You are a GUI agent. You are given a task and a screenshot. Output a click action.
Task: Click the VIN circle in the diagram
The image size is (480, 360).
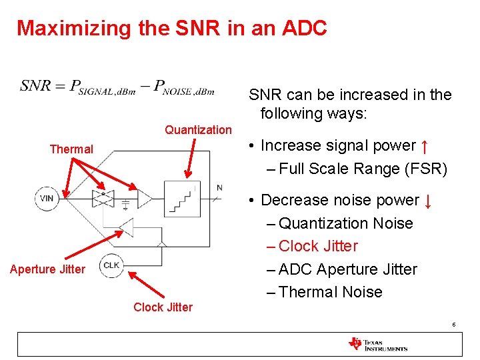[47, 198]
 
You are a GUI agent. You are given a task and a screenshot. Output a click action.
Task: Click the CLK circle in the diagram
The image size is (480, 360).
[111, 265]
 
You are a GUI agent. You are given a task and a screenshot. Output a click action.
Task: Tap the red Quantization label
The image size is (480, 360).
[198, 130]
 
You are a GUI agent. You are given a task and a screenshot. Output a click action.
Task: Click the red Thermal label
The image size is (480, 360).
[71, 149]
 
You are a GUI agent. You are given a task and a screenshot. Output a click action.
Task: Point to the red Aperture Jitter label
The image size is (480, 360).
[47, 269]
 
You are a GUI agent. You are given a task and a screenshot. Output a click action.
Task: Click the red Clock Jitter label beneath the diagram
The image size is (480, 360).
[163, 307]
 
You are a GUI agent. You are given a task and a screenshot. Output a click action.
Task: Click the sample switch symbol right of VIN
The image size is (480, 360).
[103, 197]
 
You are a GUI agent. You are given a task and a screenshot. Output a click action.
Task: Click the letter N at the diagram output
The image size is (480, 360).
[219, 187]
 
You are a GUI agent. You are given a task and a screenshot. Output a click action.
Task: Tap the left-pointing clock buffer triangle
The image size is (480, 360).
[125, 227]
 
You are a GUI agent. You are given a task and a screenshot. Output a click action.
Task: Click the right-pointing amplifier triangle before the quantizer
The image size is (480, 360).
[144, 197]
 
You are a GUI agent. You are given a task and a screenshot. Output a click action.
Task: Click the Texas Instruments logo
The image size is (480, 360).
[377, 344]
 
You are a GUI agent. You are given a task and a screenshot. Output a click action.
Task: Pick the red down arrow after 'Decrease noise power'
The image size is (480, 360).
[427, 200]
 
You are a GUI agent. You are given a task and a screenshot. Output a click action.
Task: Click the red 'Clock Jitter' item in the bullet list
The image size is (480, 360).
[317, 246]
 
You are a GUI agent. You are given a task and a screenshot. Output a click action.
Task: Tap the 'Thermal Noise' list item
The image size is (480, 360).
[330, 292]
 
